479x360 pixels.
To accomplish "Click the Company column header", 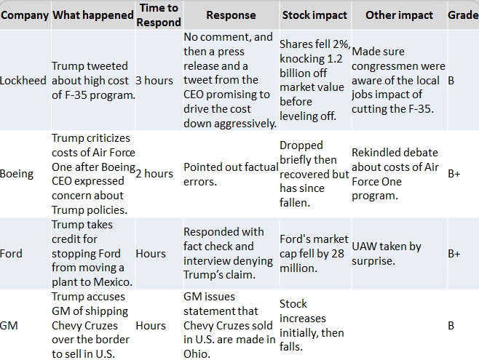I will click(25, 15).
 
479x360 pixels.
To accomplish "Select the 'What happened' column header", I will click(92, 15).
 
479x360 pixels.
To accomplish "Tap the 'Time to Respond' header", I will click(158, 15).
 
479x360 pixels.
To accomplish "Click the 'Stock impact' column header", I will click(314, 15).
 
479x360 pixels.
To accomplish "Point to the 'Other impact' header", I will click(399, 15).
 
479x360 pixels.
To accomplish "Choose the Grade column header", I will click(463, 15).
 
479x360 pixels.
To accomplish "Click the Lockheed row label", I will click(24, 81).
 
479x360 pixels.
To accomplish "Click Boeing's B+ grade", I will click(455, 174).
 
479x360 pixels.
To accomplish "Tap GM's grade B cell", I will click(451, 326).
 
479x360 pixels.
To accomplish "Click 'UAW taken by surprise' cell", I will click(387, 254).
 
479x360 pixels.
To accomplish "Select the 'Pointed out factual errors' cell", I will click(230, 174).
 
